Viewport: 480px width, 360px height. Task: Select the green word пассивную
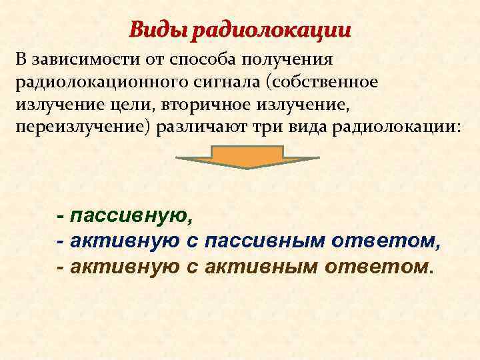(x=131, y=216)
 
